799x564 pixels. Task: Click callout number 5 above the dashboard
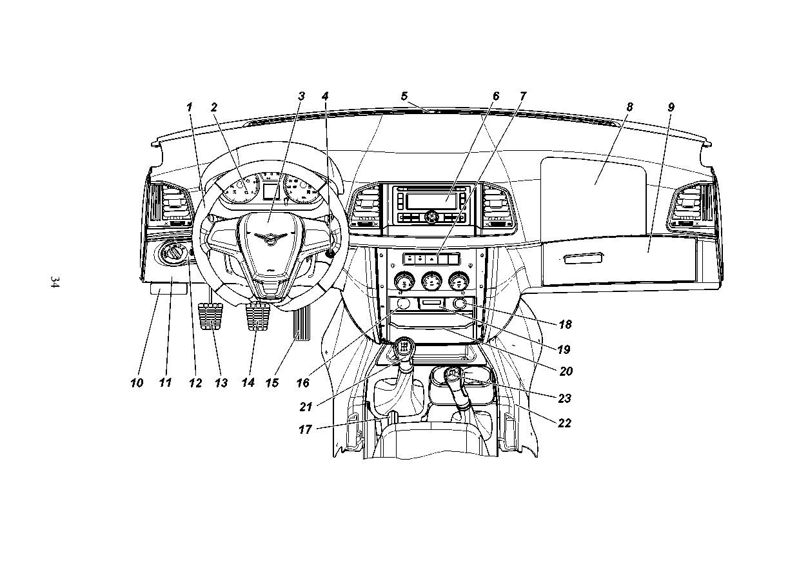coord(404,96)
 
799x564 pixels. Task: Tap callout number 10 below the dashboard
coord(137,383)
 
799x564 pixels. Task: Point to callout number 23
coord(565,398)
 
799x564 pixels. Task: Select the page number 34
coord(55,282)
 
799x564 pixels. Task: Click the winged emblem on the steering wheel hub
coord(270,238)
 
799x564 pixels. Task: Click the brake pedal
coord(257,316)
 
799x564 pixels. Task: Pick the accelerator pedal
coord(301,324)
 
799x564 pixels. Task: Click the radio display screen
coord(431,201)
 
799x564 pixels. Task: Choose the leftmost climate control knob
coord(404,282)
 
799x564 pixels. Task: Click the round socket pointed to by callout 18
coord(460,304)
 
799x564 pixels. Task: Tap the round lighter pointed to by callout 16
coord(404,304)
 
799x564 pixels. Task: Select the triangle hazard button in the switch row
coord(431,259)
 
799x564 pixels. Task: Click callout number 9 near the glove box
coord(671,107)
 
